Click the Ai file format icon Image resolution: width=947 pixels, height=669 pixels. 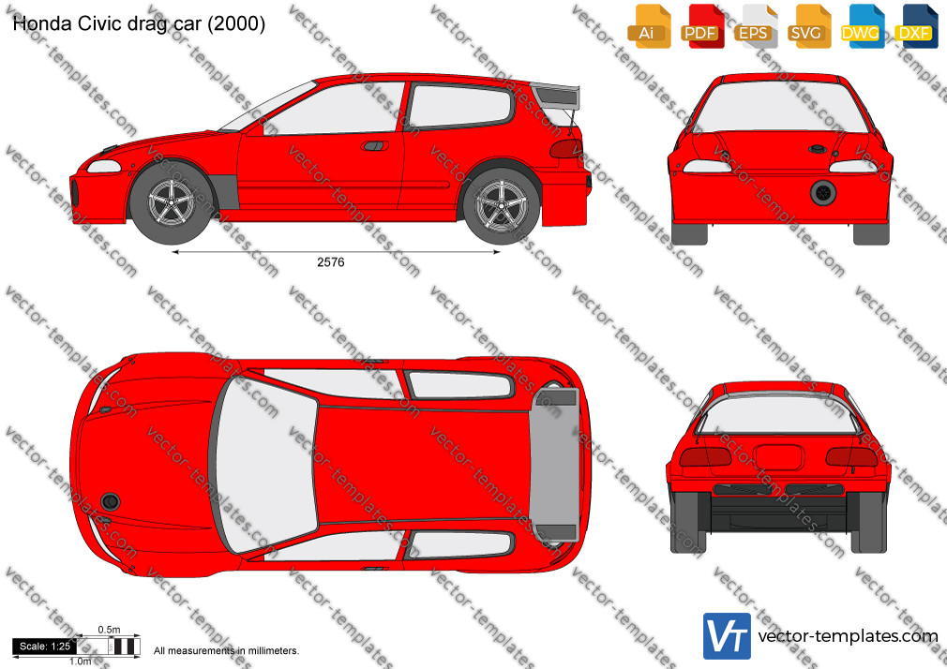click(x=649, y=26)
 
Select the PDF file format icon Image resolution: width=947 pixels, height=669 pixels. click(x=702, y=26)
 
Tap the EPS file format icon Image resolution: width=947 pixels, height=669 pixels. click(x=756, y=26)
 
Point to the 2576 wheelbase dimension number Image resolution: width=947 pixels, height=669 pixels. click(x=331, y=262)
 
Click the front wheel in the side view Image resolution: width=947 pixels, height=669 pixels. click(x=172, y=201)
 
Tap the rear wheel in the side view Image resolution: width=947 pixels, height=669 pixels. click(x=502, y=205)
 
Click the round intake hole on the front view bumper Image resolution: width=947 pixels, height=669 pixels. click(x=823, y=193)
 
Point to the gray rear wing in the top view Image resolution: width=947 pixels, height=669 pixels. click(x=554, y=465)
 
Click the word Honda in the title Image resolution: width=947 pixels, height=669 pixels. click(x=38, y=23)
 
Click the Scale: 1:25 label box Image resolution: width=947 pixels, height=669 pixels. click(x=45, y=647)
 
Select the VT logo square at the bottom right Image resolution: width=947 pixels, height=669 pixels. click(x=728, y=636)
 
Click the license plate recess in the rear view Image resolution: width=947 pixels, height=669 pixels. click(x=779, y=457)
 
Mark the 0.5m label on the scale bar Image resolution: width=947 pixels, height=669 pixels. click(x=110, y=630)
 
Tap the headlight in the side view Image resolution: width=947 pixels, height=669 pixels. click(x=104, y=166)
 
